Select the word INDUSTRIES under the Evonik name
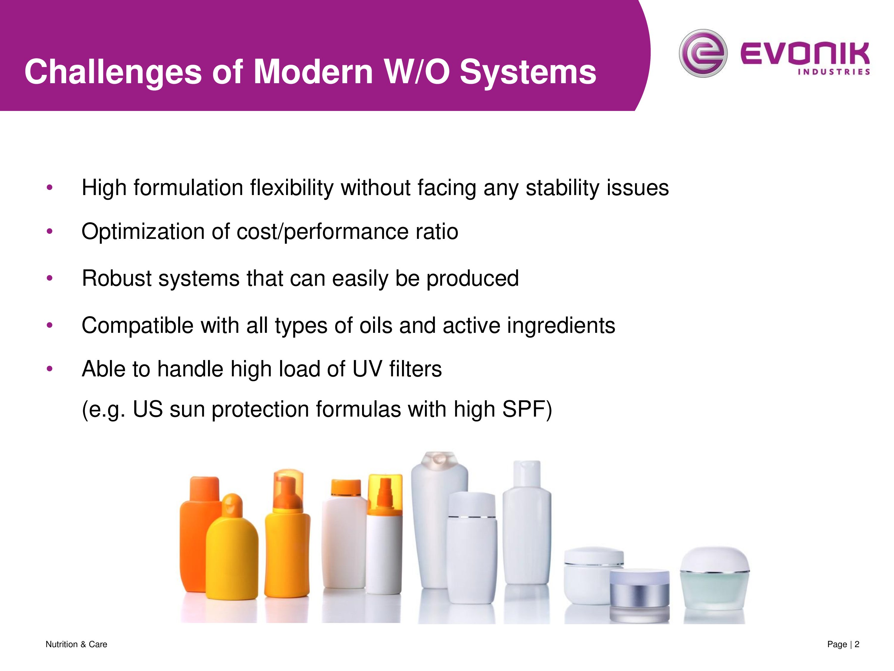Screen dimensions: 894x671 [834, 72]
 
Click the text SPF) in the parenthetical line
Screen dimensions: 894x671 [527, 409]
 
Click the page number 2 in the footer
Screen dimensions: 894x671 [857, 644]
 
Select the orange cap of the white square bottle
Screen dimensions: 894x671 [346, 488]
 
